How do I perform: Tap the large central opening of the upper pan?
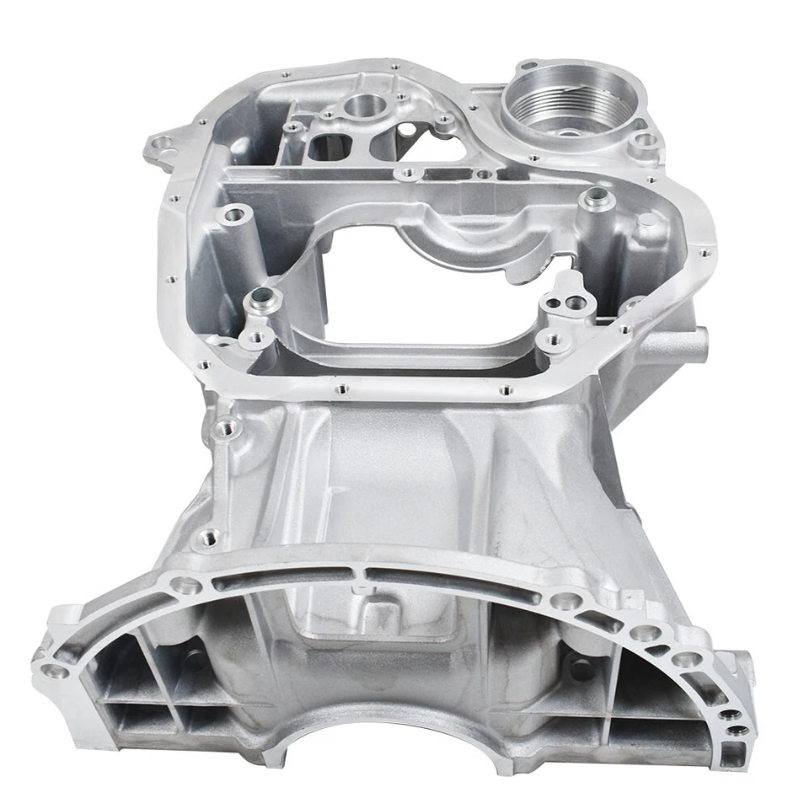(x=430, y=291)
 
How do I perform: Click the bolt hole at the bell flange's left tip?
(x=56, y=671)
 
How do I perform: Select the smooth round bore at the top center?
(x=362, y=107)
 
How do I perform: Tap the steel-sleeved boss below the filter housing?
(x=596, y=199)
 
